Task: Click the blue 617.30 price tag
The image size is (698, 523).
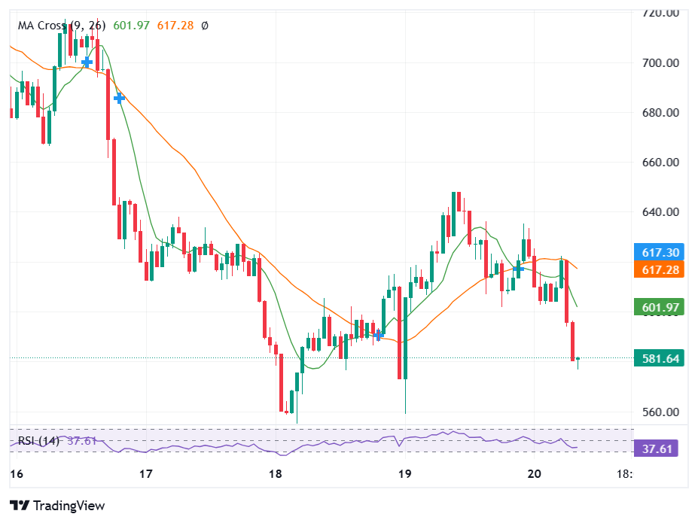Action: [658, 253]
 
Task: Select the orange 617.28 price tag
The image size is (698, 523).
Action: [658, 269]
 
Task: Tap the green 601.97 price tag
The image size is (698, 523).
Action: [658, 307]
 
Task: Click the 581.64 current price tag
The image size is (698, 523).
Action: [658, 359]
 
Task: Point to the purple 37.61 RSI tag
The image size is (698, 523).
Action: [658, 449]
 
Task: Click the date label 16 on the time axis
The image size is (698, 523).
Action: [16, 474]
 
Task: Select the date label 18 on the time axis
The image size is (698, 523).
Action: [276, 474]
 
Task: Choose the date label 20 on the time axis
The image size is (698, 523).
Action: [535, 474]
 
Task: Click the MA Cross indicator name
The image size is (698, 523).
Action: [41, 26]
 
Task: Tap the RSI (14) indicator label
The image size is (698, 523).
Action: [38, 441]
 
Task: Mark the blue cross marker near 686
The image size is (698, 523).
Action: [119, 98]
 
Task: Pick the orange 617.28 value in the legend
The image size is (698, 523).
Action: [175, 26]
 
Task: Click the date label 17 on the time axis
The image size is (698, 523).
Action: [146, 474]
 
